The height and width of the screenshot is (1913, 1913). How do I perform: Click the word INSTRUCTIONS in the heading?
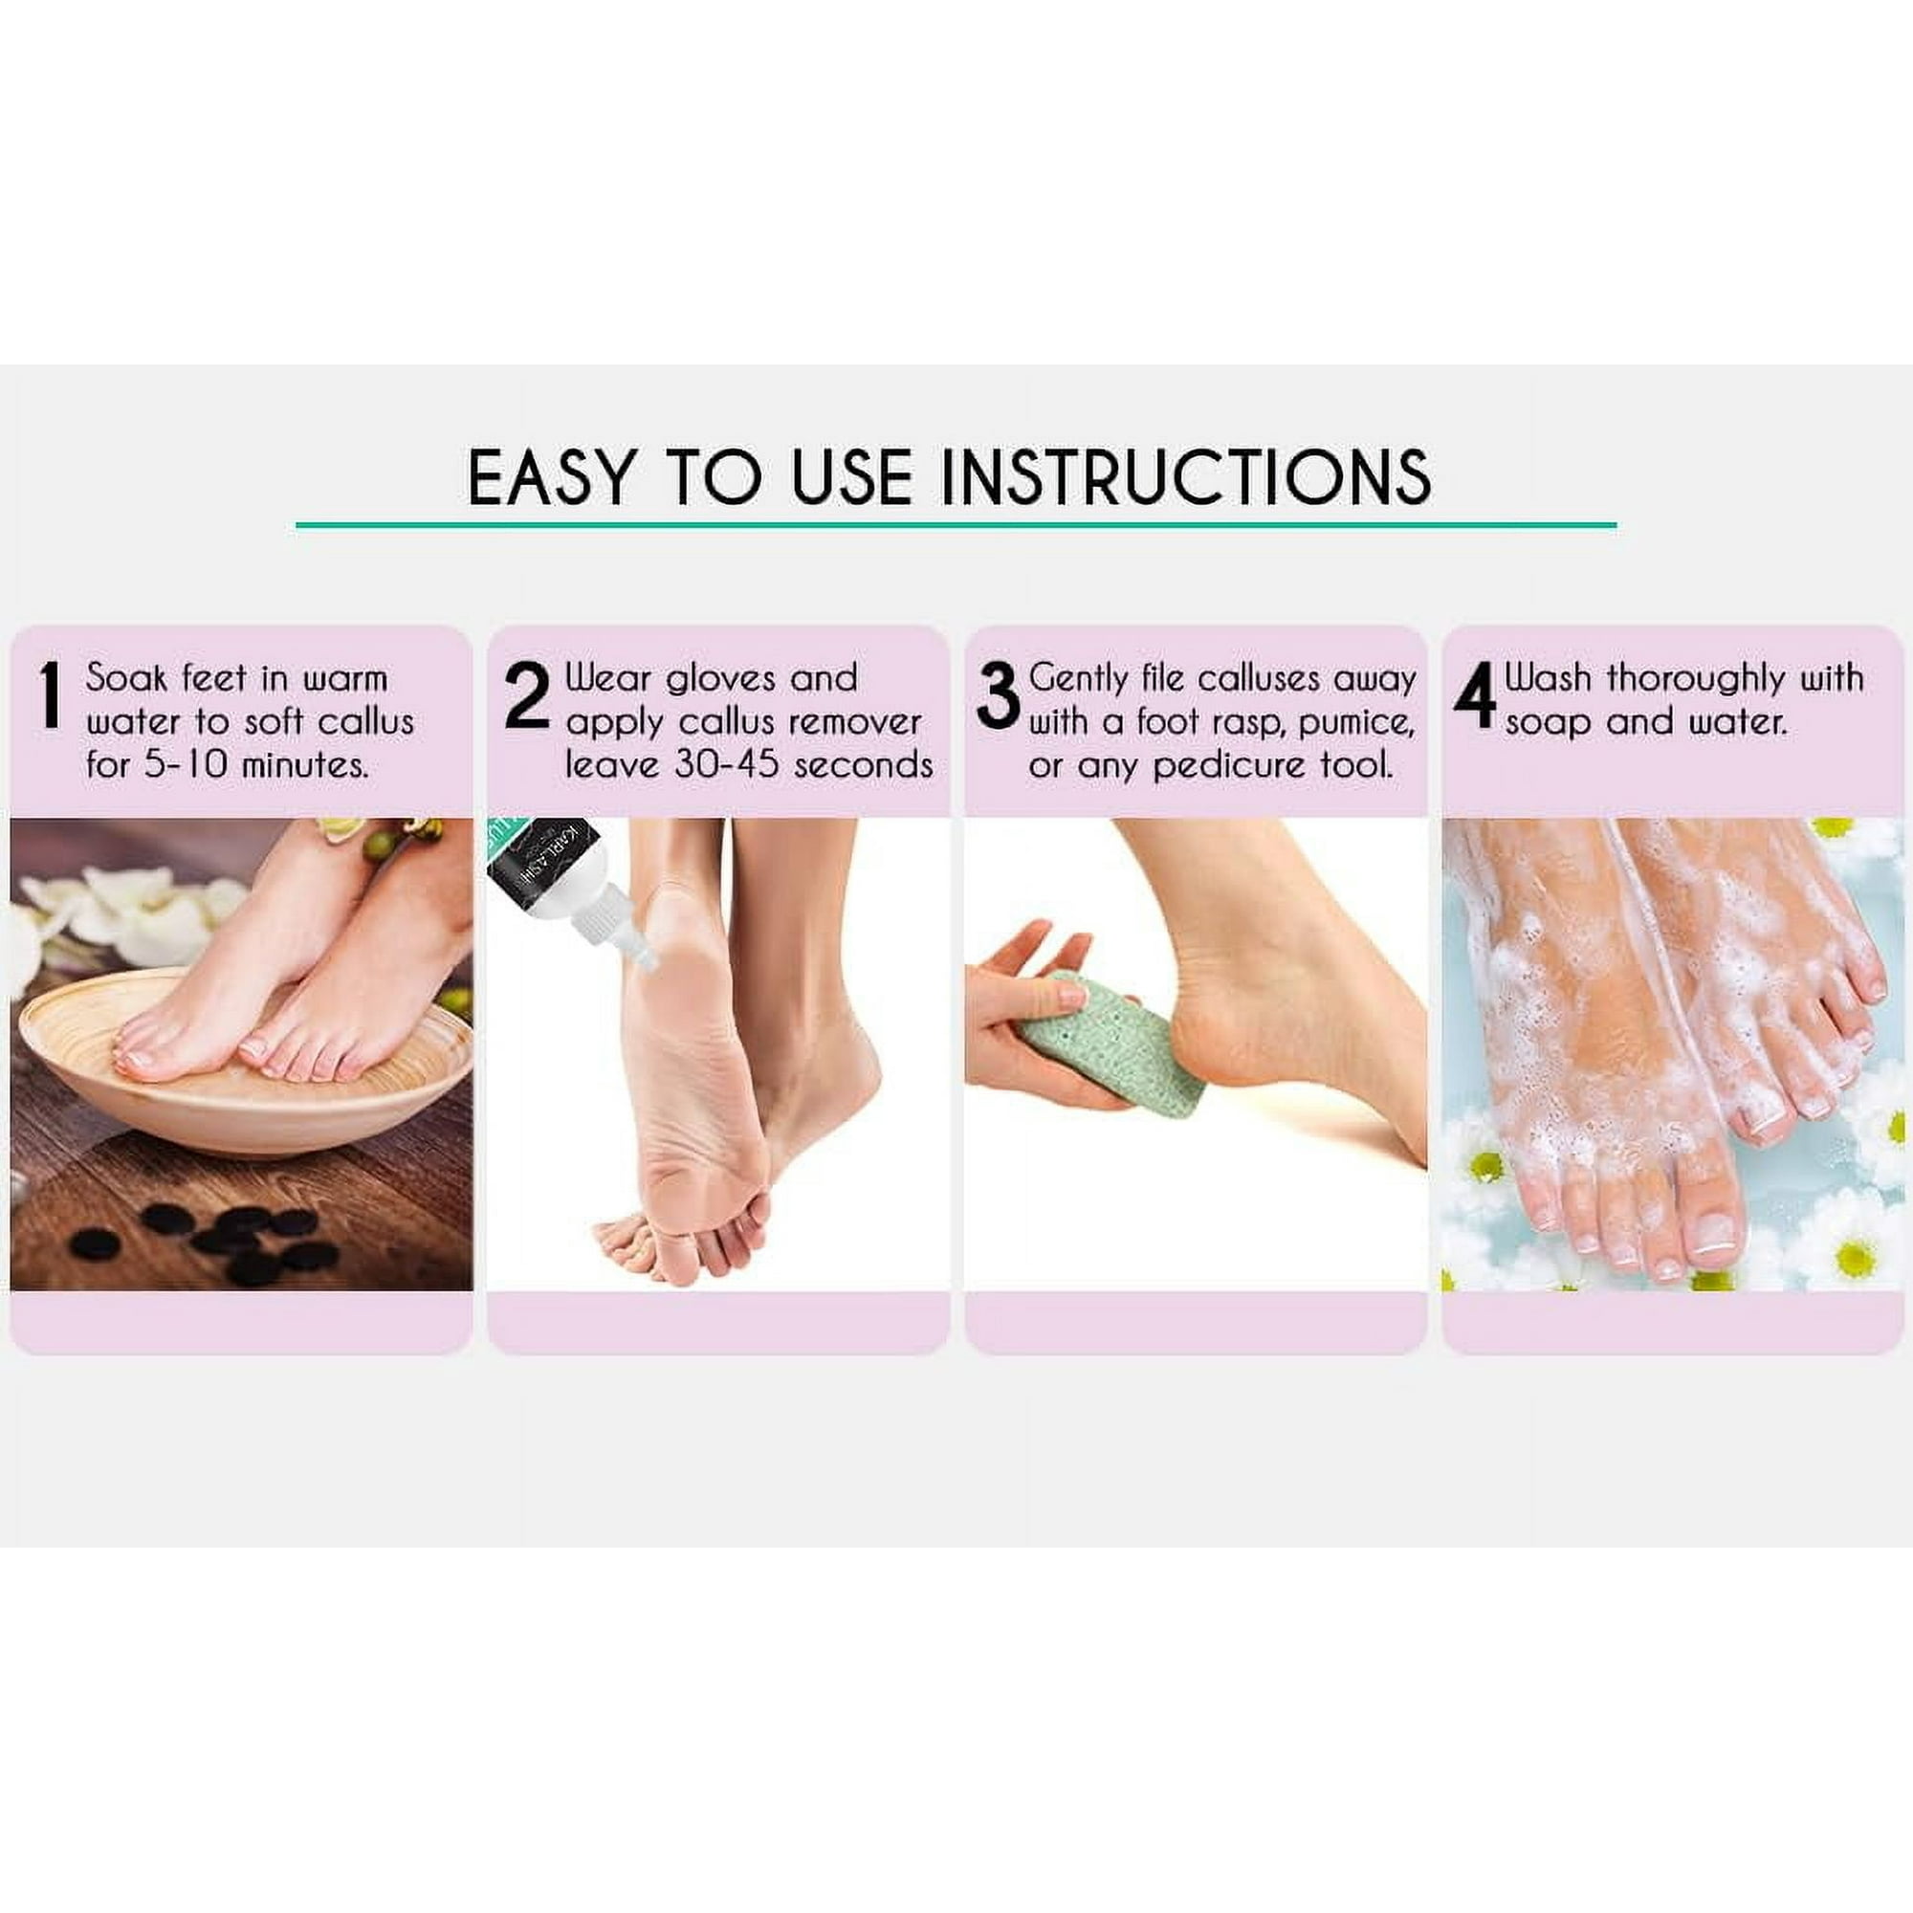pos(1185,477)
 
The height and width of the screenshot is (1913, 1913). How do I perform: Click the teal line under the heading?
pos(956,525)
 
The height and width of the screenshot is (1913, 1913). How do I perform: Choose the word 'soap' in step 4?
pos(1550,723)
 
